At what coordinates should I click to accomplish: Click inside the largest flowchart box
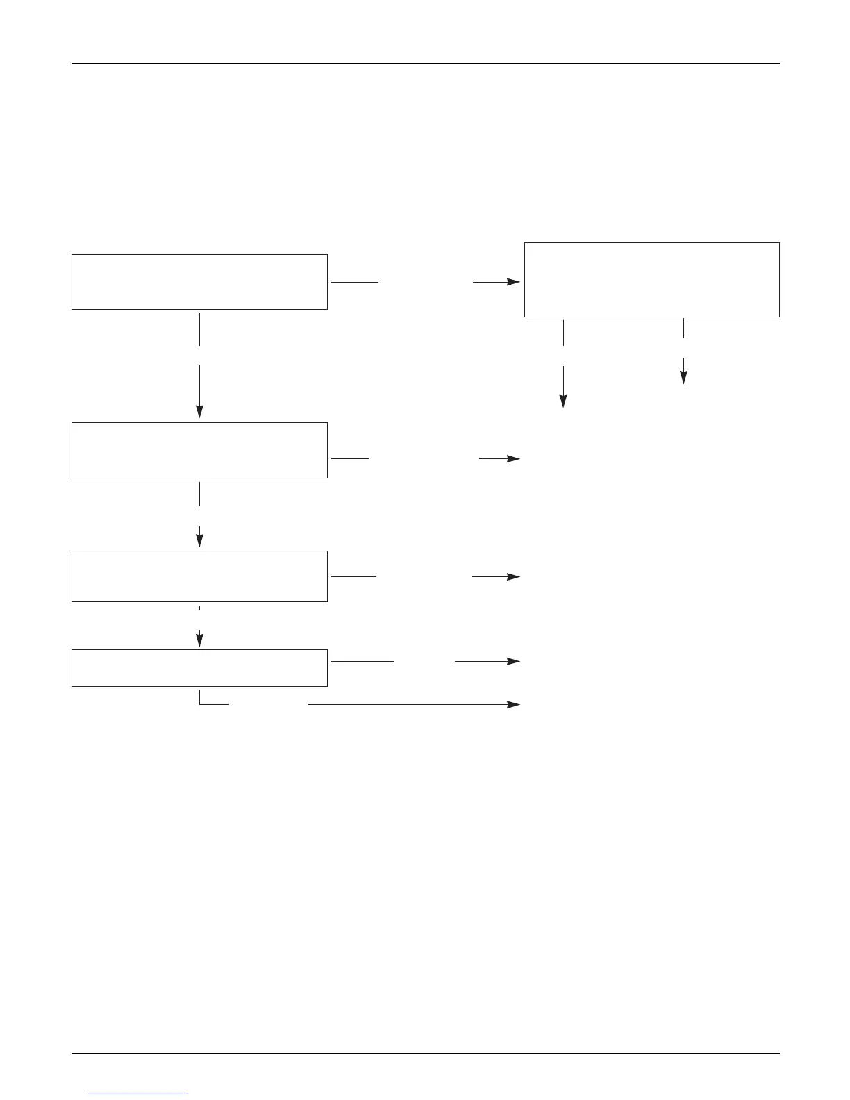651,280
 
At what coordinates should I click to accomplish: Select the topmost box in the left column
199,281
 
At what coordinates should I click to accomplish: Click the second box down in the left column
199,450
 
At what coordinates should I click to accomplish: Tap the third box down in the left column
199,576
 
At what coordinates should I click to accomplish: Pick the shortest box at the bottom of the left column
199,668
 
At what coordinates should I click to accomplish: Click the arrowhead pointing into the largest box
515,282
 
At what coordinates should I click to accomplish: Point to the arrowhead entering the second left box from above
199,412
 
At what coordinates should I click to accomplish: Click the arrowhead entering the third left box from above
199,542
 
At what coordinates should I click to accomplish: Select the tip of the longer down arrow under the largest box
563,403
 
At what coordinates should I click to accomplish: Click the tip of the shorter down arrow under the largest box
683,378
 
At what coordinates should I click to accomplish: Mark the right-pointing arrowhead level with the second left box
515,459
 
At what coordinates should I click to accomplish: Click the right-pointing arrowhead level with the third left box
515,576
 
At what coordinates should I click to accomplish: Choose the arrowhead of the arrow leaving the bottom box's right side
515,661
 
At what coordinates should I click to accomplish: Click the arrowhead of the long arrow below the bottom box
515,704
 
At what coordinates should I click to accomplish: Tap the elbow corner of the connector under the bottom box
200,704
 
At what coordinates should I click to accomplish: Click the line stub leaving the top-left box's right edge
355,283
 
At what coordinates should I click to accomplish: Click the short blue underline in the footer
138,1094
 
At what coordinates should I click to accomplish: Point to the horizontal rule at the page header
425,63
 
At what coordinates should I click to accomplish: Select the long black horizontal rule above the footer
425,1053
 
